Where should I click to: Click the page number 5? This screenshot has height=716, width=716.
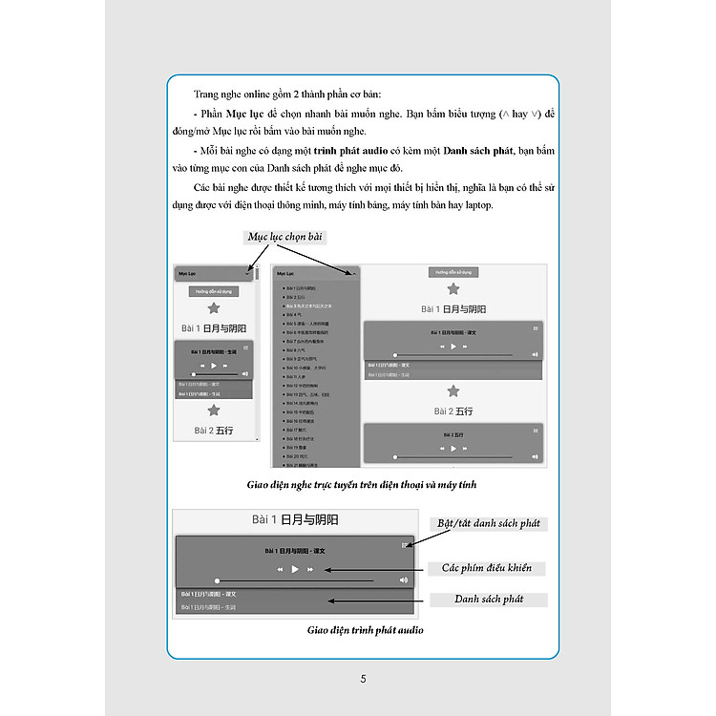tap(363, 680)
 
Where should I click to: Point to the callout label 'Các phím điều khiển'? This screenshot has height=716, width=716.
tap(493, 568)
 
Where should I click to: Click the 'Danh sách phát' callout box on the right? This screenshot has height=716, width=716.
tap(489, 600)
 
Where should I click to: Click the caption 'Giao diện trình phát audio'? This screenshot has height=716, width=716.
tap(366, 630)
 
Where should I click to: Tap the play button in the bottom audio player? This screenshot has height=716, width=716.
tap(295, 569)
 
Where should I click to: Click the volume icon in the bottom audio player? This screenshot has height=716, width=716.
tap(403, 579)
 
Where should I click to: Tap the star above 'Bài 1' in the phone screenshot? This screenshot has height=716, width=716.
tap(214, 307)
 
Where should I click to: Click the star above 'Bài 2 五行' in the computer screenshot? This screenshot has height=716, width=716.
tap(453, 391)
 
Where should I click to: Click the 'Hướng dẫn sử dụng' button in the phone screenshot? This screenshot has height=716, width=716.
tap(214, 291)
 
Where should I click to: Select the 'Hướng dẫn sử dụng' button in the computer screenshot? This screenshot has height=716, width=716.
tap(453, 272)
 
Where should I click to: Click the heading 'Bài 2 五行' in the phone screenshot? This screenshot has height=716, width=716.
tap(214, 431)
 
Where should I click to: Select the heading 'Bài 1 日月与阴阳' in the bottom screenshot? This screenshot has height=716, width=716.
tap(295, 520)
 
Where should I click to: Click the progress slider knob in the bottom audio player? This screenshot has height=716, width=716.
tap(218, 580)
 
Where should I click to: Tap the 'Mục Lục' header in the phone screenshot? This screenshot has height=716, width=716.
tap(191, 273)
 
